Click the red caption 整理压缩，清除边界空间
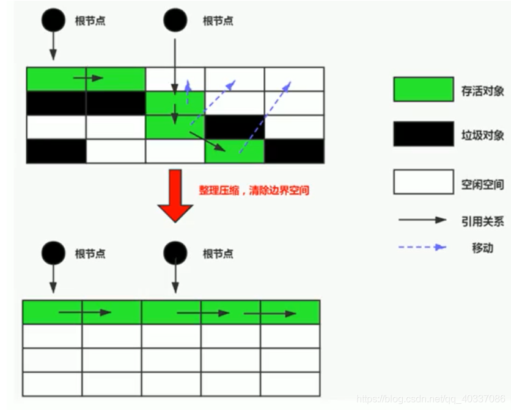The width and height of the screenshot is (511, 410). click(x=254, y=190)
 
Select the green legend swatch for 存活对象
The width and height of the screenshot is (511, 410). click(x=423, y=89)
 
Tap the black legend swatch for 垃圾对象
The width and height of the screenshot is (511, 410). click(x=423, y=134)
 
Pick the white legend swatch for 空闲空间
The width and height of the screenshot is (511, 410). click(x=423, y=181)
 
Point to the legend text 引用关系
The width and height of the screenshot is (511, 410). click(x=482, y=221)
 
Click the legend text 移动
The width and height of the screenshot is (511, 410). click(x=482, y=248)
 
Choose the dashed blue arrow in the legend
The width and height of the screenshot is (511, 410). click(x=422, y=248)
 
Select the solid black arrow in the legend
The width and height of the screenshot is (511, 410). click(x=422, y=220)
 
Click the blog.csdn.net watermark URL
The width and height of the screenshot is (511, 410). click(x=431, y=398)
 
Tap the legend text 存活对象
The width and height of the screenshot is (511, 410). click(x=482, y=91)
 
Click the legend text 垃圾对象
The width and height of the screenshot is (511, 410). click(x=482, y=135)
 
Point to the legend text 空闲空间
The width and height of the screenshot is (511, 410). click(x=482, y=184)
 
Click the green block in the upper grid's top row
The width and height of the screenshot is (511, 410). click(x=86, y=79)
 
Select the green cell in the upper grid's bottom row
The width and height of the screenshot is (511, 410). click(x=234, y=151)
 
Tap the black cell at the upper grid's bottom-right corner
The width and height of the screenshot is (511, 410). click(x=294, y=151)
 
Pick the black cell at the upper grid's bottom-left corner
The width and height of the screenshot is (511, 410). click(x=56, y=151)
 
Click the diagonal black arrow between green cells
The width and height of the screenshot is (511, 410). click(x=206, y=141)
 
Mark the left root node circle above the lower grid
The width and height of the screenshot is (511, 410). click(x=53, y=252)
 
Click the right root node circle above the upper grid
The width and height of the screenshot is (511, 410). click(x=175, y=20)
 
